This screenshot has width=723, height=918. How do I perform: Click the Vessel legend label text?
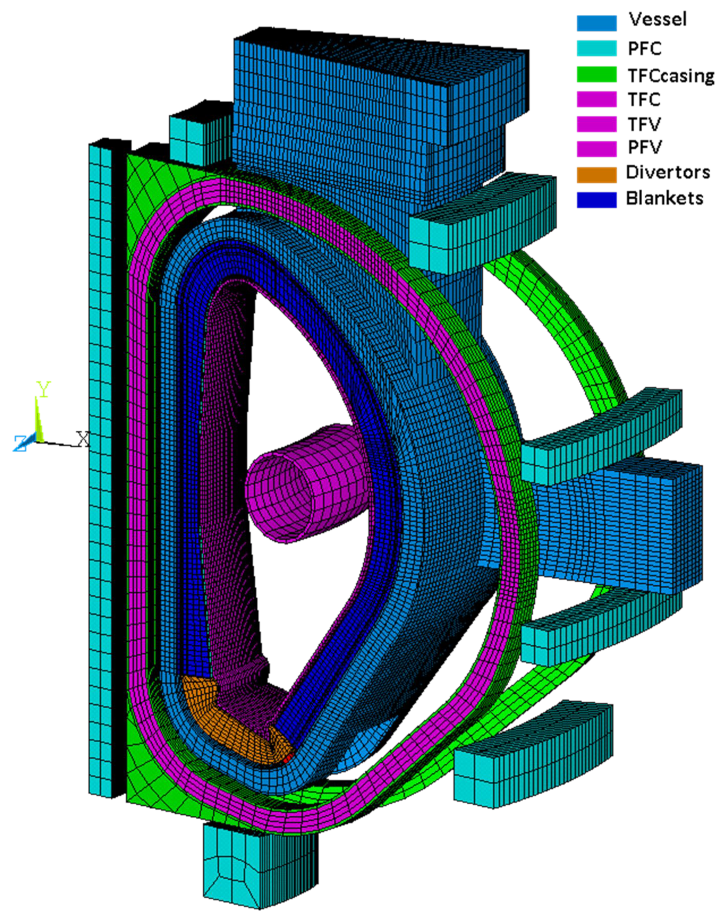658,20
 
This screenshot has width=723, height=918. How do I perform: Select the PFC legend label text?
645,49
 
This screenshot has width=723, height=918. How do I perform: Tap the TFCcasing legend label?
671,76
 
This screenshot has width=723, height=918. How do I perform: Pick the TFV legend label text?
644,124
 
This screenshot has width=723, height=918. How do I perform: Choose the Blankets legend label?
665,198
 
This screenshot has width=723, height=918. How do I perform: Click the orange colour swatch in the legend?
597,175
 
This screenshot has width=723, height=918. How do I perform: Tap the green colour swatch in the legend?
597,74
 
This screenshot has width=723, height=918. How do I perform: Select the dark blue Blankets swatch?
597,200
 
